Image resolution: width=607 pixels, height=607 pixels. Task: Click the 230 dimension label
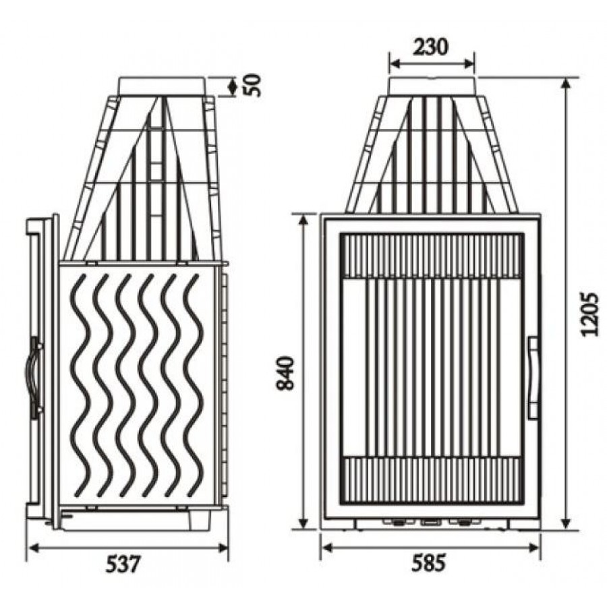430,47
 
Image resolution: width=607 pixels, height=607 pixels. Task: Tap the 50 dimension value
254,85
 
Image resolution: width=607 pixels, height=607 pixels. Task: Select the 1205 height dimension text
589,314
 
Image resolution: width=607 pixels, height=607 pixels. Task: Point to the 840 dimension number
286,373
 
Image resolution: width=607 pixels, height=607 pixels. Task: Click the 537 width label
122,564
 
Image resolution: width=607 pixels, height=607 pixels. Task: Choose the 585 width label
429,562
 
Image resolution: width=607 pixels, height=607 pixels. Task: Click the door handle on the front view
533,378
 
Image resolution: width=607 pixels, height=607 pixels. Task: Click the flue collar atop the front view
432,87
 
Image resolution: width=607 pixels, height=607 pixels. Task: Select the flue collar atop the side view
162,86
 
